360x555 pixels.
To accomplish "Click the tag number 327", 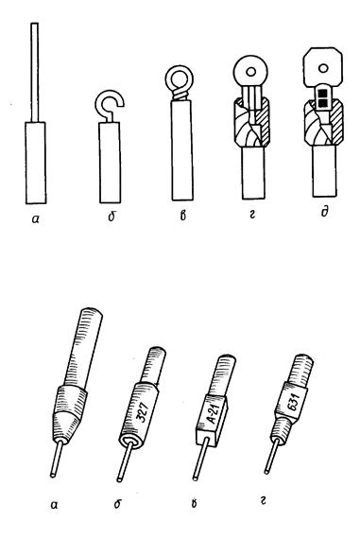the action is [x=145, y=410].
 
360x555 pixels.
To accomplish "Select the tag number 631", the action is [x=293, y=402].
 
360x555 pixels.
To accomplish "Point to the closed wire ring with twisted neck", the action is [x=178, y=78].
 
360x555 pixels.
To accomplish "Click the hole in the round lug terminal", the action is [x=250, y=72].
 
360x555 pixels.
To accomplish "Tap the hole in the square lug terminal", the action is [x=322, y=68].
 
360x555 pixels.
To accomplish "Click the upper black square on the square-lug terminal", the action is [x=322, y=94].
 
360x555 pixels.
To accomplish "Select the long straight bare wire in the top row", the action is [x=34, y=72].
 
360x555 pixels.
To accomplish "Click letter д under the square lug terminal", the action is [x=324, y=212].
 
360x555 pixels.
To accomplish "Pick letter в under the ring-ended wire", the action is [x=182, y=215].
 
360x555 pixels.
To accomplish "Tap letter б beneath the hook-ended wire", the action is [x=111, y=216].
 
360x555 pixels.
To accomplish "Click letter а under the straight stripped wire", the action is [x=35, y=219].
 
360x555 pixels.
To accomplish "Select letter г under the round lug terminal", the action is [x=251, y=214].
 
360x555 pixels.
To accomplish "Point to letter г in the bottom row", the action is [x=263, y=500].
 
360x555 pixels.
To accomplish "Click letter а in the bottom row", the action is [x=54, y=504].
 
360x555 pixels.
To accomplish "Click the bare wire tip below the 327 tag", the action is [x=124, y=462].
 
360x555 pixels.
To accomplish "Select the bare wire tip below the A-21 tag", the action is [x=199, y=460].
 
